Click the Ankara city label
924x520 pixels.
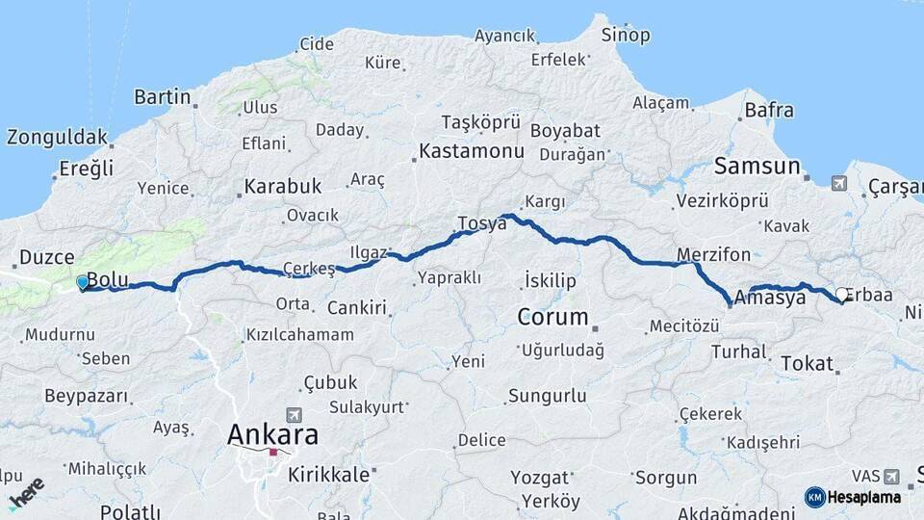point(272,434)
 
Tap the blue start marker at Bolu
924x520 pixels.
point(83,282)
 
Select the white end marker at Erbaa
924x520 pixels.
point(842,295)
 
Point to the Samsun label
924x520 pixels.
point(757,167)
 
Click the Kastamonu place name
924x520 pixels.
point(471,151)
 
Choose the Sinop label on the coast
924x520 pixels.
point(626,36)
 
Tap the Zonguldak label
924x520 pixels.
point(57,137)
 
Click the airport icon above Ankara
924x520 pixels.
point(294,414)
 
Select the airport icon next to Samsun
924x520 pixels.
point(838,182)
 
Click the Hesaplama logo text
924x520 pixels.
point(864,497)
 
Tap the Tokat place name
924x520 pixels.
point(806,363)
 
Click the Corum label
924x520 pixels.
point(552,317)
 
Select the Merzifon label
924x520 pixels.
point(713,255)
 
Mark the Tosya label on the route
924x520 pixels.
point(481,223)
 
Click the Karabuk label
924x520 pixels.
point(282,186)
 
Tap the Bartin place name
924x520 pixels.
point(162,97)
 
